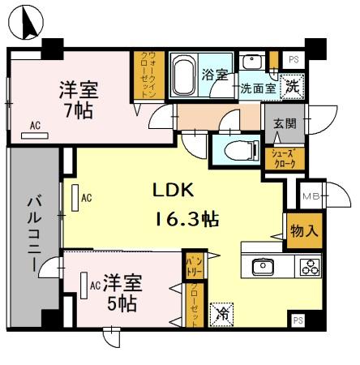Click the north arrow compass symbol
(29, 21)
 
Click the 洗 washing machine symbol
(291, 85)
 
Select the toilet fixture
(240, 149)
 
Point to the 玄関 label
(285, 122)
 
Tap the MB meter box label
(310, 196)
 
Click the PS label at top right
(293, 59)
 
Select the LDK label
(174, 191)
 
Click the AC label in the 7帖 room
(35, 125)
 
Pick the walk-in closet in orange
(147, 75)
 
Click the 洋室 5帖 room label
(123, 293)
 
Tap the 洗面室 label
(257, 89)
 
